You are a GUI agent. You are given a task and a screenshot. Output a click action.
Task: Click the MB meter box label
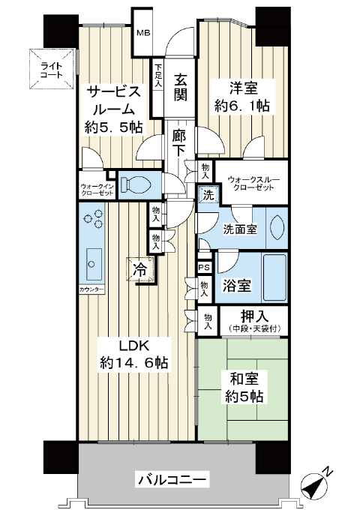143,32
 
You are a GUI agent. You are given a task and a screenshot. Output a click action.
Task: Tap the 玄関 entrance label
180,87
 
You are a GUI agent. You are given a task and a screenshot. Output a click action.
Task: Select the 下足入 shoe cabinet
158,88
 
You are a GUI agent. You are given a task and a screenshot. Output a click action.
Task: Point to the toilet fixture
135,185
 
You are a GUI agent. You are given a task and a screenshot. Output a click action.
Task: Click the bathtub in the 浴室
274,277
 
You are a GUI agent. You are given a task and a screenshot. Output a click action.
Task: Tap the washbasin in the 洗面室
277,227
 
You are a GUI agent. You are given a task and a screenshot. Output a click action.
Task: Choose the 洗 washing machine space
208,194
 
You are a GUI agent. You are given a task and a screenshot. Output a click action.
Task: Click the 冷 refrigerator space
140,269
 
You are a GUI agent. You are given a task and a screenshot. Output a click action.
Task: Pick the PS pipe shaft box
205,268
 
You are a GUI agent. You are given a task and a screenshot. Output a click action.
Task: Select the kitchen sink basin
91,264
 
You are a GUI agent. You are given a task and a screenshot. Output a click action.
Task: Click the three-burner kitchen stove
94,218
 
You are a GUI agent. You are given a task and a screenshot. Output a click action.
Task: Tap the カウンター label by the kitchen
91,289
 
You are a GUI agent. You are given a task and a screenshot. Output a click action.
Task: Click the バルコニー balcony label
172,479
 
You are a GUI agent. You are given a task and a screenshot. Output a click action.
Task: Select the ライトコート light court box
51,69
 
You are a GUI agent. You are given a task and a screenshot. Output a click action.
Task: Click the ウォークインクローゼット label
97,190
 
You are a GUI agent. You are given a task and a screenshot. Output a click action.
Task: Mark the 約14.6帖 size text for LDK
133,362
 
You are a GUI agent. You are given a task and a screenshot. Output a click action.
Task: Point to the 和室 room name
244,379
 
